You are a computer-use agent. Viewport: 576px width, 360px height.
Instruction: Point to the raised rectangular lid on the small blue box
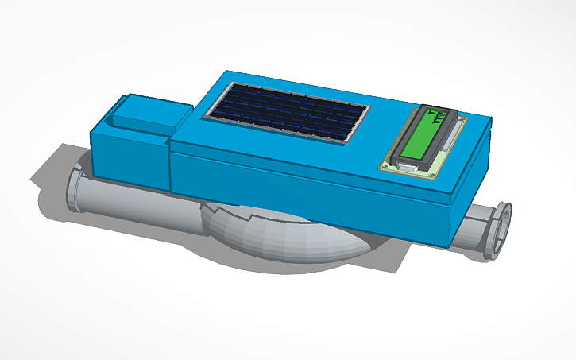coord(151,114)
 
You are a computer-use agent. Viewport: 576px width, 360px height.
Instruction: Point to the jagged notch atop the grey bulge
coord(250,214)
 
